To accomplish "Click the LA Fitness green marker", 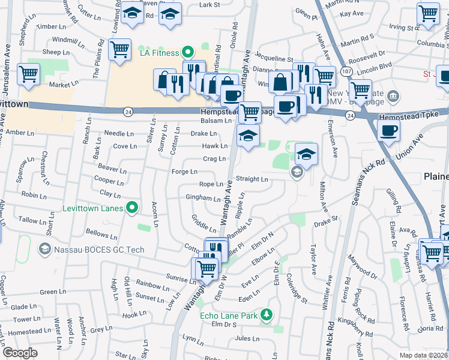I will (187, 53).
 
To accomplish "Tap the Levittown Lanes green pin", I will (133, 209).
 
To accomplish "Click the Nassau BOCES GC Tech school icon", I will (44, 248).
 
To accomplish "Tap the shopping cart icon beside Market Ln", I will (28, 74).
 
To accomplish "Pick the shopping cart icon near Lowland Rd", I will (119, 49).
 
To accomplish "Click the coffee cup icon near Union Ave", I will (388, 130).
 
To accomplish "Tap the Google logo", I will (20, 353).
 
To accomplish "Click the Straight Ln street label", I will (252, 179).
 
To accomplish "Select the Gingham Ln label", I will (203, 197).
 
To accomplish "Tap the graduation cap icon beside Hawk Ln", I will (248, 136).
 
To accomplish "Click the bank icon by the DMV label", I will (393, 95).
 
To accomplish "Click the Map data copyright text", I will (423, 355).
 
